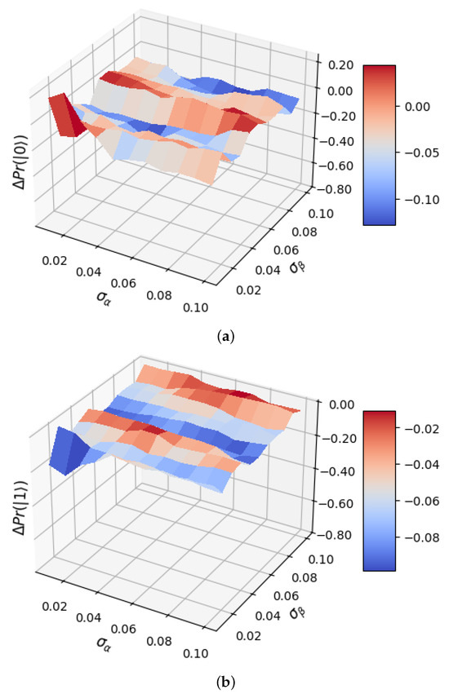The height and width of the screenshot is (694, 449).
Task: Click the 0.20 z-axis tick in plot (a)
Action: pos(341,65)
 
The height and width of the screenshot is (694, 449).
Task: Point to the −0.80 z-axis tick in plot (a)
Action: pos(337,189)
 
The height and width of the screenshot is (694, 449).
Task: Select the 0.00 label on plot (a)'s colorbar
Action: pos(417,107)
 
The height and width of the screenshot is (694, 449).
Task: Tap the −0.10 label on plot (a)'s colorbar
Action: pos(420,200)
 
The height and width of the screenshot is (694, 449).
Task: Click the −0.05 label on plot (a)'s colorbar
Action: pos(420,153)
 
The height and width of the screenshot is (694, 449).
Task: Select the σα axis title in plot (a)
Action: pos(104,297)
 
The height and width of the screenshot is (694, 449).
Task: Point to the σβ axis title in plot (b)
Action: pos(296,612)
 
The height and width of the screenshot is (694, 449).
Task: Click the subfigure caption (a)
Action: pos(225,338)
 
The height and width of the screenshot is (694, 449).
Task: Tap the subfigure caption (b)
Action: pos(225,682)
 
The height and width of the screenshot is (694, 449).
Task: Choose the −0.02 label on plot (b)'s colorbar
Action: pos(420,429)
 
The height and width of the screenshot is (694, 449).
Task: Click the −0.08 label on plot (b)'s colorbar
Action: pos(420,538)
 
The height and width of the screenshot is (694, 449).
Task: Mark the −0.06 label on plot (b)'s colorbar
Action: pos(420,502)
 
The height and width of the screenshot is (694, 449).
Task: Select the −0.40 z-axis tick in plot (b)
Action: pos(337,471)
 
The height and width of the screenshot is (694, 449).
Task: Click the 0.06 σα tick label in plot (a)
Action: pos(123,283)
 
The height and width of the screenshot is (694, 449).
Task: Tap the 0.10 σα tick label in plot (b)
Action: pos(195,653)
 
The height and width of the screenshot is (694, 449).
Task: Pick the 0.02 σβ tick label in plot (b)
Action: pos(248,636)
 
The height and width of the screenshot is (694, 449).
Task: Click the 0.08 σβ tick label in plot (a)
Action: pos(305,232)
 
